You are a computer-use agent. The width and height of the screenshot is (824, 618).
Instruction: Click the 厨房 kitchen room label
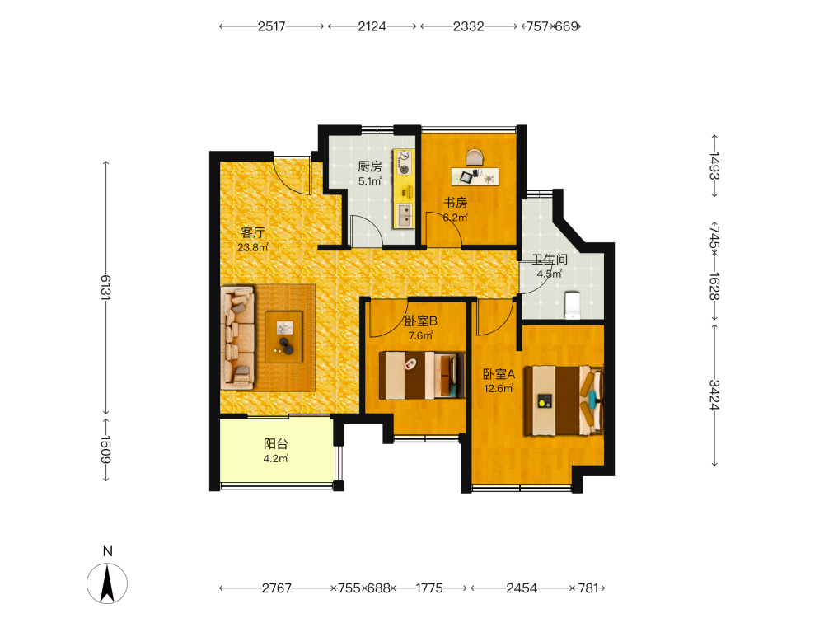click(x=369, y=166)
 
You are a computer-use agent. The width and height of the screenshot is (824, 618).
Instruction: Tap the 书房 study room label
click(x=456, y=203)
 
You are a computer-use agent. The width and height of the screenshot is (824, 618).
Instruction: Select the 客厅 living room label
click(x=253, y=232)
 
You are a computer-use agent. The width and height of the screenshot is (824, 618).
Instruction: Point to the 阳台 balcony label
click(x=276, y=444)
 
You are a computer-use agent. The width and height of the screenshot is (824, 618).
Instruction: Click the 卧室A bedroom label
click(x=499, y=374)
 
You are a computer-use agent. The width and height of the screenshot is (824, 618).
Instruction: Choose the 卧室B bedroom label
click(x=421, y=321)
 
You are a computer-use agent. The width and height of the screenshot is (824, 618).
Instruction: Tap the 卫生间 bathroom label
click(x=550, y=259)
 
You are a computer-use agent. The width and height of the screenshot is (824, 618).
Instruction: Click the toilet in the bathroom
click(x=572, y=306)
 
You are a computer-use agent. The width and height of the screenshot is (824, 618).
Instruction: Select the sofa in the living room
click(x=238, y=338)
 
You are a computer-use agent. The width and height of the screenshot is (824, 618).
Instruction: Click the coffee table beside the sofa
click(x=283, y=337)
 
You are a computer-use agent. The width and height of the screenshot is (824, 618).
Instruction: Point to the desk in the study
click(x=475, y=176)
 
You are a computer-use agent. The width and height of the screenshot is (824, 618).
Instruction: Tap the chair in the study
click(x=475, y=157)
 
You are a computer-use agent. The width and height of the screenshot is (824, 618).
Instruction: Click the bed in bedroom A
click(x=564, y=400)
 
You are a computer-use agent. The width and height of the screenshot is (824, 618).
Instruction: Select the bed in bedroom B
click(x=422, y=375)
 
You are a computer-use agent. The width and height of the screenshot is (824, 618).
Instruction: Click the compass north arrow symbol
click(x=107, y=583)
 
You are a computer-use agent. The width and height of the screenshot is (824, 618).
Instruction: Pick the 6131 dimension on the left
click(x=105, y=287)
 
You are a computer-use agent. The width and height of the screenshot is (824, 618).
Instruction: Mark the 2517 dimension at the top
click(x=271, y=26)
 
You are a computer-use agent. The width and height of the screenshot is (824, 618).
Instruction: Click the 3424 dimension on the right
click(x=714, y=395)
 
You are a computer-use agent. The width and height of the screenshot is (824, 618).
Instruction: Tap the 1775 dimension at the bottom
click(x=429, y=588)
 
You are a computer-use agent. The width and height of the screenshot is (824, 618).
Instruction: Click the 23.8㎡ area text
click(x=253, y=247)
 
